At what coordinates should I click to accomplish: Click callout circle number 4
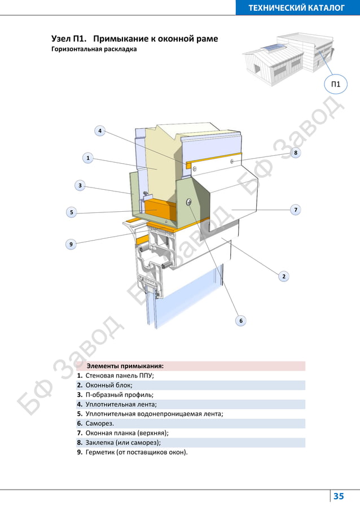(99, 131)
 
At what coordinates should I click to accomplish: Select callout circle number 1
(88, 158)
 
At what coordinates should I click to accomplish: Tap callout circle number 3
(80, 185)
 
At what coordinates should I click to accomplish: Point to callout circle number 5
(71, 212)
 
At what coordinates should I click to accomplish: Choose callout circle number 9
(71, 244)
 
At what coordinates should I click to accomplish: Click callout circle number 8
(296, 152)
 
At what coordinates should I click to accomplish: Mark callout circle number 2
(284, 276)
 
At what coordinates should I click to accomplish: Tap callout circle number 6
(240, 320)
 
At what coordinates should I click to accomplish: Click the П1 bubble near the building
(336, 85)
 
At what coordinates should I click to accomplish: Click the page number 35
(339, 496)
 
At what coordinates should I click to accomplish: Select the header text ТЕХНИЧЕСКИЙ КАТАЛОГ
(296, 7)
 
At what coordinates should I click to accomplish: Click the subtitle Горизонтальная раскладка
(94, 49)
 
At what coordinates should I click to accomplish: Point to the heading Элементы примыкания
(125, 366)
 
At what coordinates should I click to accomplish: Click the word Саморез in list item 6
(99, 423)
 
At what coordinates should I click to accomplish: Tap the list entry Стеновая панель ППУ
(120, 376)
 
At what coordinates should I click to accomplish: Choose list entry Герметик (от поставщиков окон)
(136, 452)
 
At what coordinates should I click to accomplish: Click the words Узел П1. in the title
(68, 39)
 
